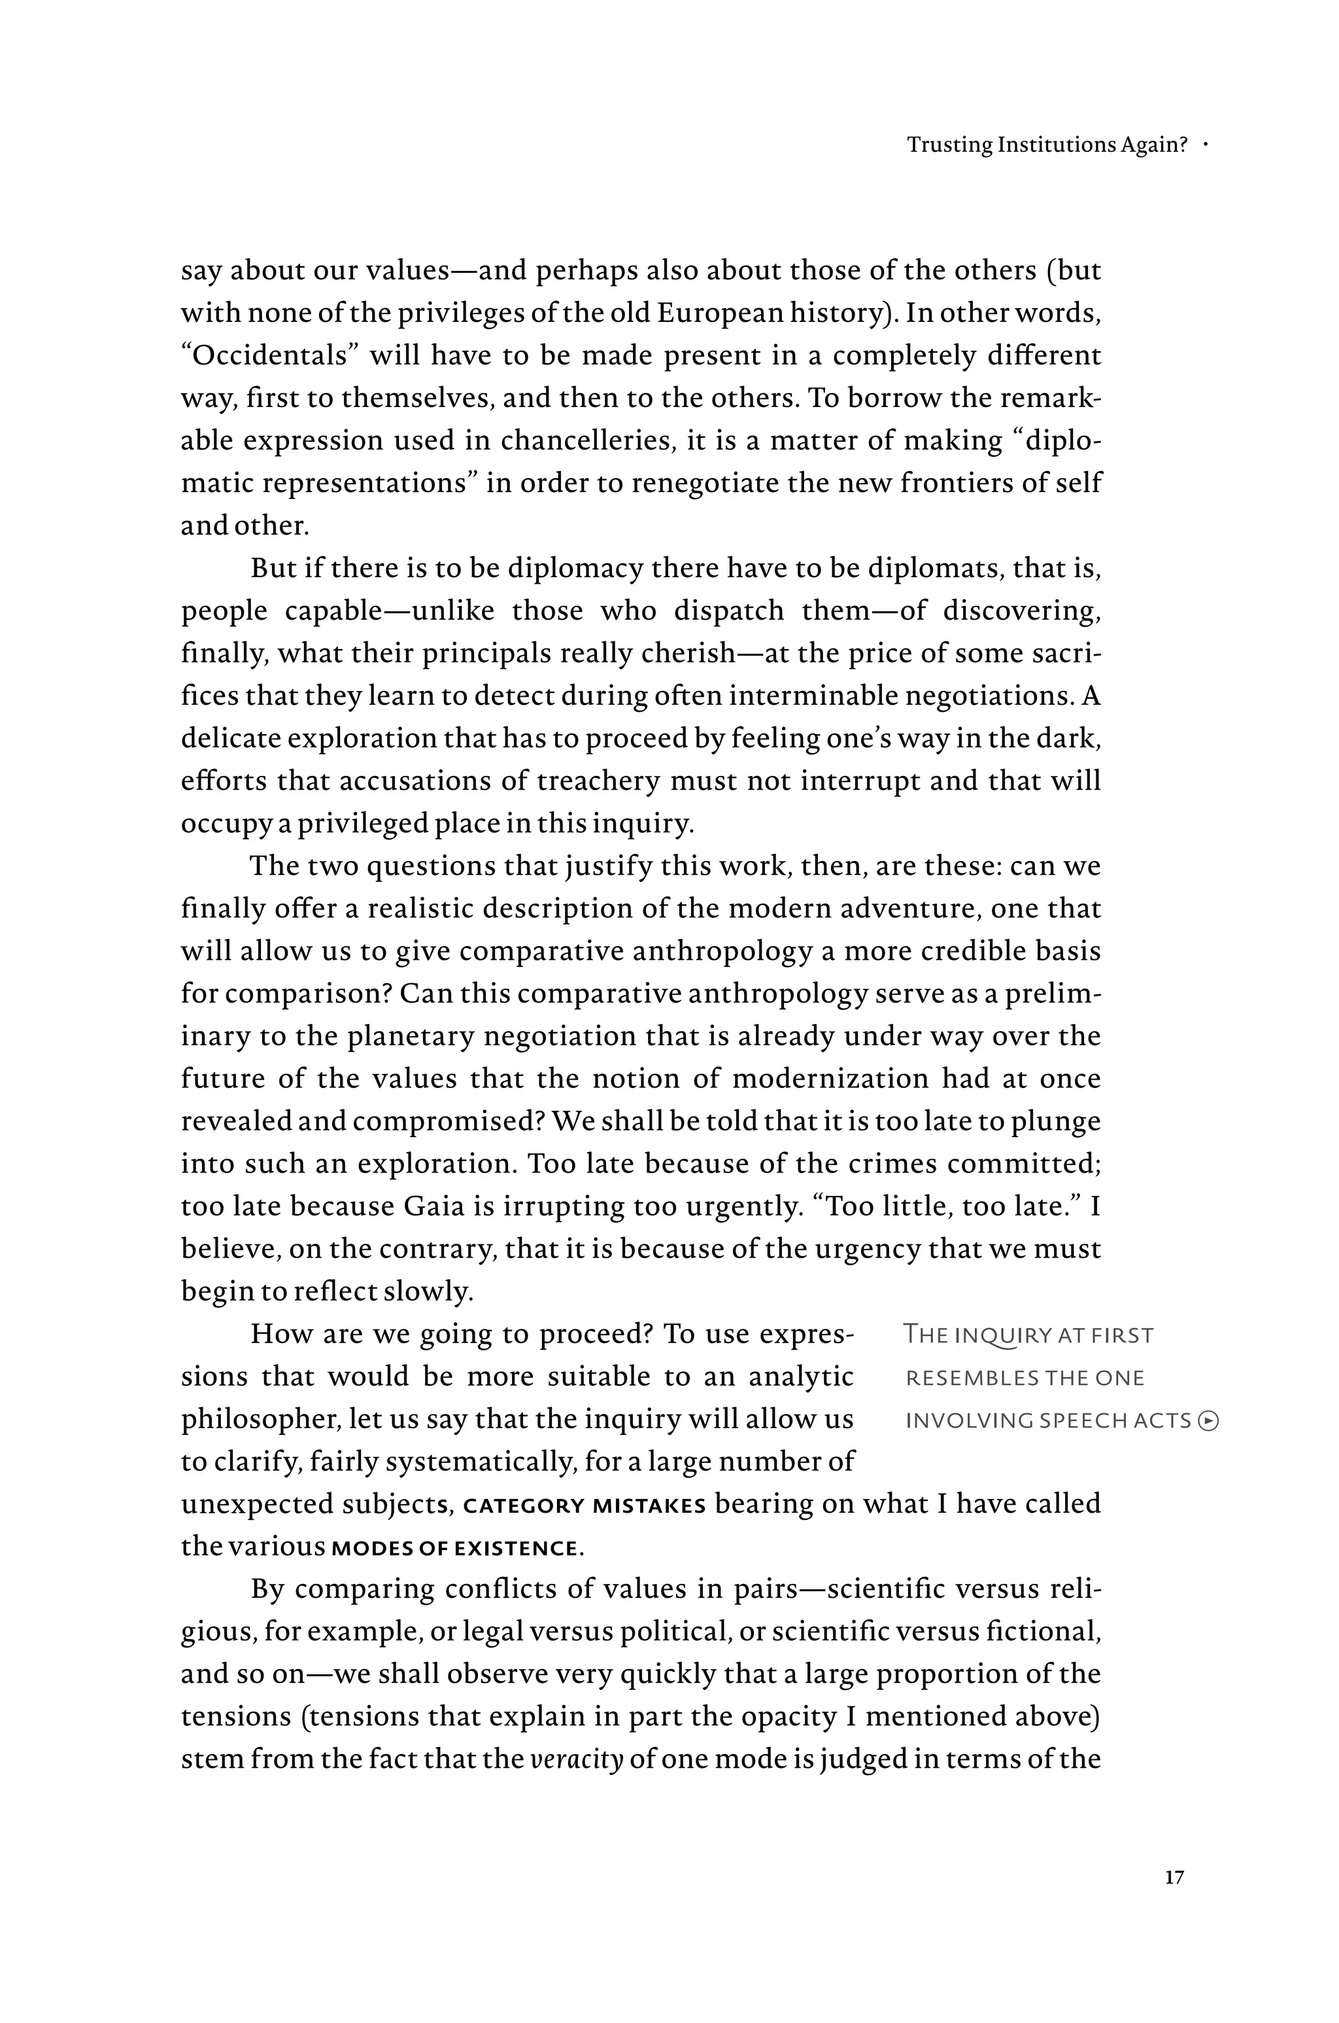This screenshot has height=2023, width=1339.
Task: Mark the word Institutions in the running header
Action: [1057, 145]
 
